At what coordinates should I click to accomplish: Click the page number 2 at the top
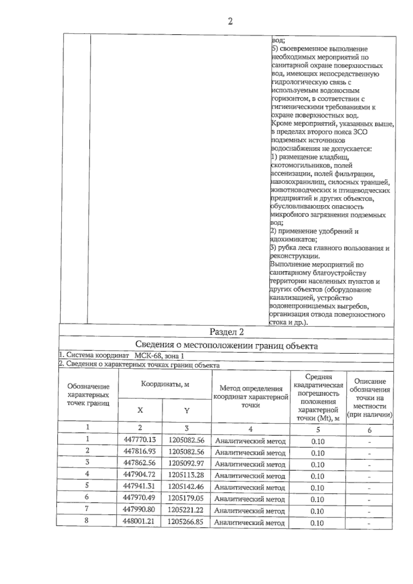pos(230,22)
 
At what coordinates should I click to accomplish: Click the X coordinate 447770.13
pos(139,440)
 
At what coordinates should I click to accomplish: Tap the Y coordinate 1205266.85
pos(186,521)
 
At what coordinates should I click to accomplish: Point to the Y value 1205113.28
pos(186,475)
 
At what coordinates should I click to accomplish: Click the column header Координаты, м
pos(165,384)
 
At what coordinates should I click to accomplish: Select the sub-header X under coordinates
pos(140,410)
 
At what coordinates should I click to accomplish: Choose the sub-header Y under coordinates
pos(187,410)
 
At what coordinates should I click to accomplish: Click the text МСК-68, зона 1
pos(157,356)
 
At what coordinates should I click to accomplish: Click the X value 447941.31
pos(139,486)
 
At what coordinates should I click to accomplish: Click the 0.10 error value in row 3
pos(317,465)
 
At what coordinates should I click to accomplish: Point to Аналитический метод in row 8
pos(250,523)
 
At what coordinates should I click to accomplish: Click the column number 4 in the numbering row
pos(251,429)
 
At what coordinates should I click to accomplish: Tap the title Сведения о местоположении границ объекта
pos(226,345)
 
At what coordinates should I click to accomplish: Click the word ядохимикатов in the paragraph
pos(293,239)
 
